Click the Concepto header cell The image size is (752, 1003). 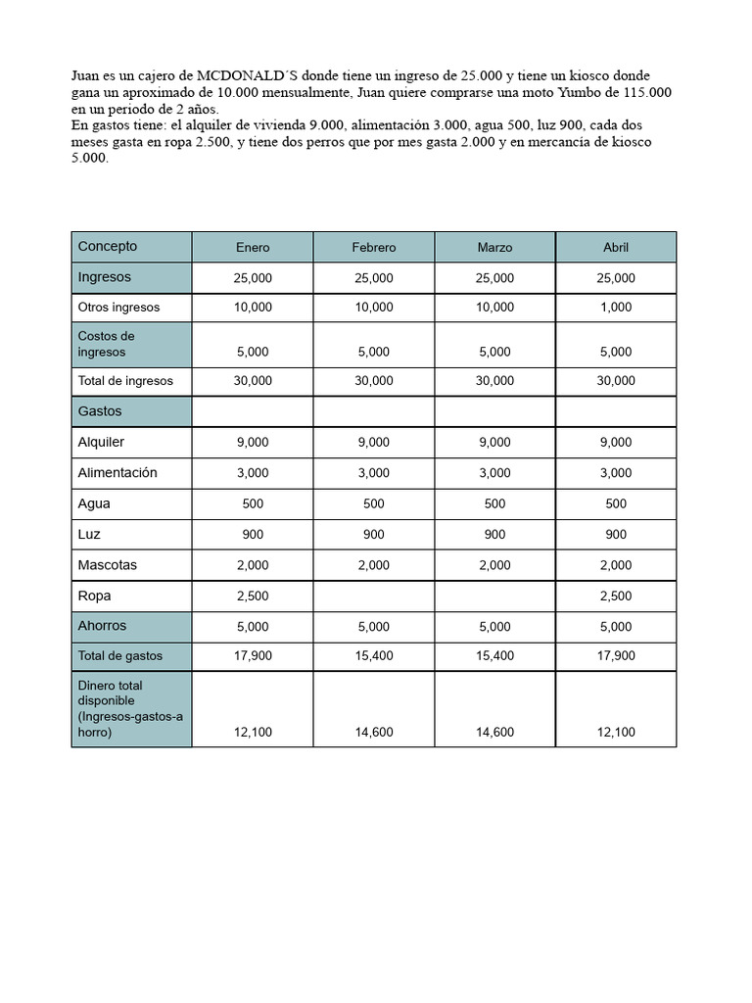point(108,247)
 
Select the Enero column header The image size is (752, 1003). point(253,248)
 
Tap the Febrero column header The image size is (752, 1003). point(373,248)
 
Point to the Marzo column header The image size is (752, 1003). point(494,248)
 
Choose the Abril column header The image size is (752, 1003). point(615,248)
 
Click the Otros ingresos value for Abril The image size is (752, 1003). point(615,308)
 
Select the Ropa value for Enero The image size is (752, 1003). point(253,597)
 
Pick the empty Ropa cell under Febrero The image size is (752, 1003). point(373,596)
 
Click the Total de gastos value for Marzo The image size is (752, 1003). point(494,656)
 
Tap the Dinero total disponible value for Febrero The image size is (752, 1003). point(373,732)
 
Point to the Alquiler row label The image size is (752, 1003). point(102,442)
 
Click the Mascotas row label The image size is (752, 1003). point(108,565)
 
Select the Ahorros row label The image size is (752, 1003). point(103,626)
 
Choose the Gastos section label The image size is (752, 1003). point(100,411)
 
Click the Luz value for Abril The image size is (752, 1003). point(615,535)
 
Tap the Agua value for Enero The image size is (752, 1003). point(253,504)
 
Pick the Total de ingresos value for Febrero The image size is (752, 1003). point(373,381)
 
